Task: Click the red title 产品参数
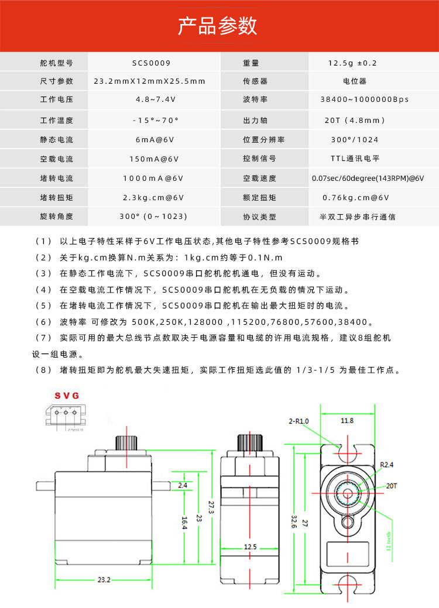218,26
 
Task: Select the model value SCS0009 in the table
151,63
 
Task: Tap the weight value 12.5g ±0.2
353,63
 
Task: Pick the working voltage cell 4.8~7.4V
151,100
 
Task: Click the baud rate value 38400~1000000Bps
365,100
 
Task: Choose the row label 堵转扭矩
57,198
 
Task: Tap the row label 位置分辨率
263,140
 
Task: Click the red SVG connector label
67,396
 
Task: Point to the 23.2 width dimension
104,580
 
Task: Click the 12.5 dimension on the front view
250,547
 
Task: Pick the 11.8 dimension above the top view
347,420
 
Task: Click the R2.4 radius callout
387,465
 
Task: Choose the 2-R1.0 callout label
299,421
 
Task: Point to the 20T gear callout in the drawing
392,485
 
